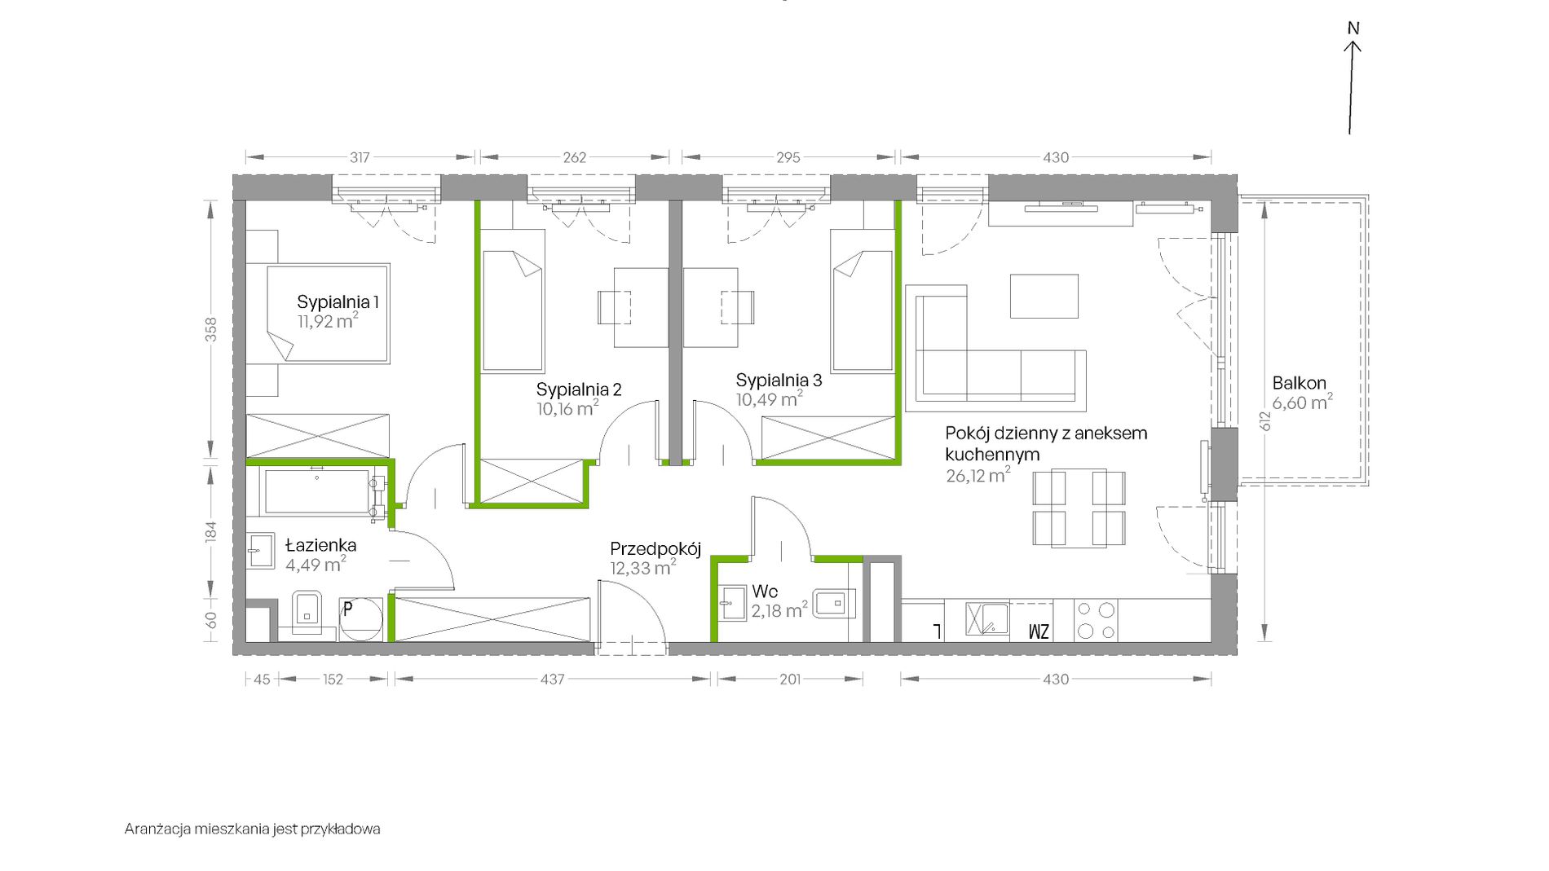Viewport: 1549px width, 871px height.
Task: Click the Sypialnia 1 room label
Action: pos(338,302)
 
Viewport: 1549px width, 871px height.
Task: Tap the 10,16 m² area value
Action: pos(567,408)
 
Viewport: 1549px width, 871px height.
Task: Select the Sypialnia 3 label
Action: pos(779,381)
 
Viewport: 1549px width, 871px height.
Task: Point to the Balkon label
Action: pos(1299,383)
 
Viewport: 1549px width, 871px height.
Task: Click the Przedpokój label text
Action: pos(655,549)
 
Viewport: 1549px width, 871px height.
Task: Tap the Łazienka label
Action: pos(320,545)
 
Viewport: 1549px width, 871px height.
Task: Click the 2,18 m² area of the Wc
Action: pos(779,610)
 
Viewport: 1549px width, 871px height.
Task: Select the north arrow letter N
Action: pos(1353,29)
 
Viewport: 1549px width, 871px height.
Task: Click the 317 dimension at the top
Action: pos(360,157)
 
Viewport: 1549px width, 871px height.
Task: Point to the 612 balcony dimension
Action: pos(1264,421)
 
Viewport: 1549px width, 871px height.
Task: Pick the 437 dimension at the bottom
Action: pos(552,679)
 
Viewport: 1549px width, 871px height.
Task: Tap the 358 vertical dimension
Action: pos(211,329)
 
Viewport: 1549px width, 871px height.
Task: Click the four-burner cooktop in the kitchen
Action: pos(1096,621)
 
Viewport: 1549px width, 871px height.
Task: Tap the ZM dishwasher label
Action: pos(1039,631)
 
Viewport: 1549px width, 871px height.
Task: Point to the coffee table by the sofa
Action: pos(1044,296)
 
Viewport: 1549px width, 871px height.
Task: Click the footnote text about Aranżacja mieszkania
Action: pos(253,829)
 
